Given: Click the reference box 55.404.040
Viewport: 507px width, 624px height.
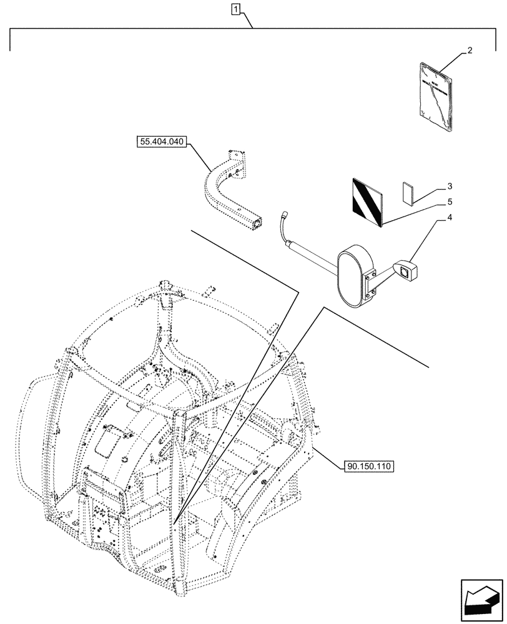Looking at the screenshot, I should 160,142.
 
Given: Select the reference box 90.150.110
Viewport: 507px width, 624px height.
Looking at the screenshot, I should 368,466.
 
